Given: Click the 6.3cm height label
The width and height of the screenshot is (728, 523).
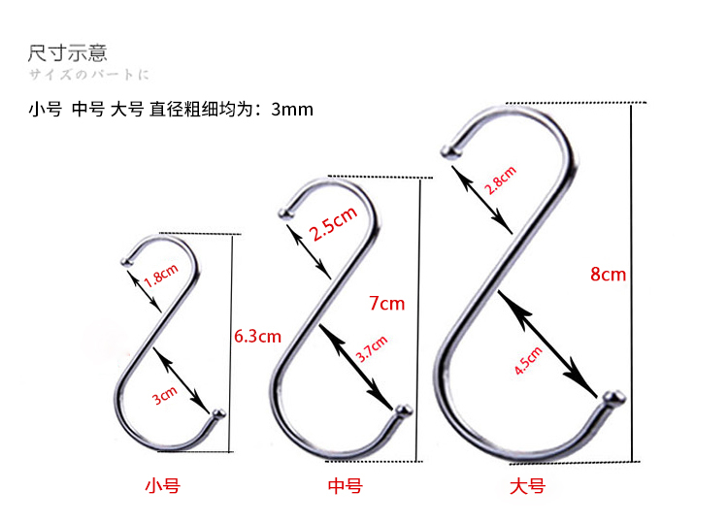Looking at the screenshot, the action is (257, 337).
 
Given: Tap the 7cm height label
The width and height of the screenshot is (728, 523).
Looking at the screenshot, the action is (386, 304).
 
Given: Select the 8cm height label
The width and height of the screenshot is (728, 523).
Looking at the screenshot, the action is (608, 275).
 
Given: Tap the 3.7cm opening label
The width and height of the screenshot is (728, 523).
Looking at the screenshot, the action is (372, 348).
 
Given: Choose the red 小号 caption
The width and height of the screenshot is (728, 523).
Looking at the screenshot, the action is (162, 485).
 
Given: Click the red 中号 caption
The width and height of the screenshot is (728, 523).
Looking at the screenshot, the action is (345, 485).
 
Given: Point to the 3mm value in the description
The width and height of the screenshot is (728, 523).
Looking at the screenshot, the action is (292, 110).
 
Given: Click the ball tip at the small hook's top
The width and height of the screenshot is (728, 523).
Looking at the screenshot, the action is (125, 261).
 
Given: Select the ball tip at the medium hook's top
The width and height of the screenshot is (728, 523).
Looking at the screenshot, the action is (285, 212).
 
